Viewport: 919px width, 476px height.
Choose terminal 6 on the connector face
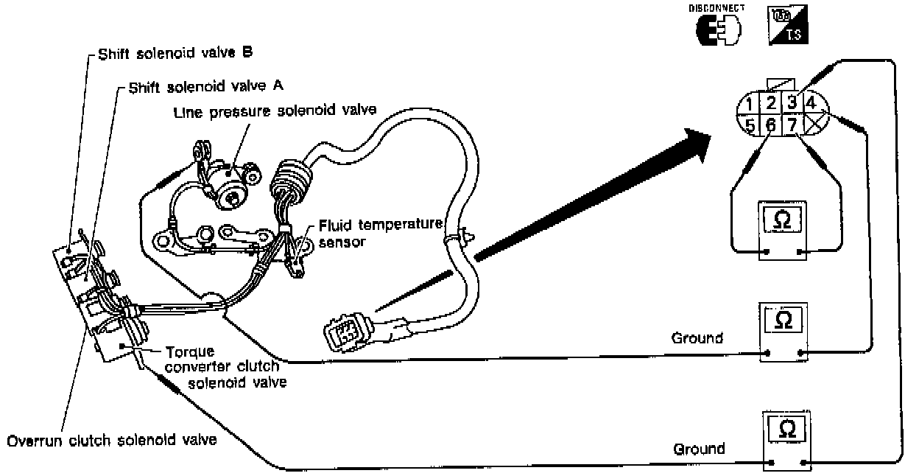click(x=770, y=125)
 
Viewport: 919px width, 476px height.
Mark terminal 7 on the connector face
click(x=791, y=125)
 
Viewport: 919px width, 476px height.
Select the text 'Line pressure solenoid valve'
click(x=275, y=112)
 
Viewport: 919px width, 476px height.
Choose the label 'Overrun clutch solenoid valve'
click(x=112, y=441)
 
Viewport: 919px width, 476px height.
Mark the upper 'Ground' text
click(x=697, y=339)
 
